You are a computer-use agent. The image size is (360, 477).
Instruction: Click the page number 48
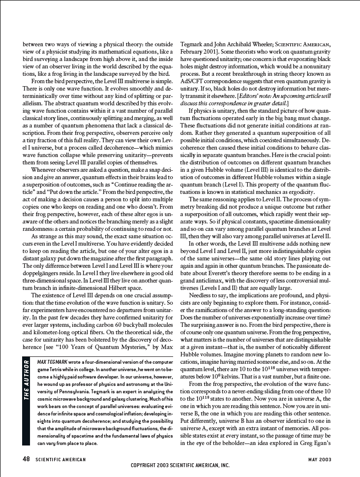(27, 459)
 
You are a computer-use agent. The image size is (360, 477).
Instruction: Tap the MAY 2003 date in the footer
(320, 460)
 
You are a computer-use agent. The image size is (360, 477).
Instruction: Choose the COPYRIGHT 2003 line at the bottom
(180, 465)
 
